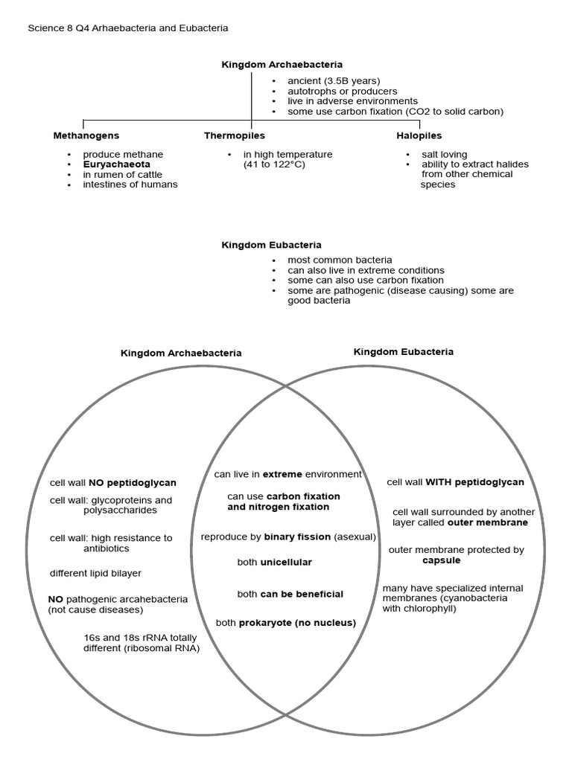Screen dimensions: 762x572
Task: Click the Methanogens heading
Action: click(86, 136)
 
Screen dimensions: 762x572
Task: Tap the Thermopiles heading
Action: click(234, 136)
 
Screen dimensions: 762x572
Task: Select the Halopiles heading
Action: click(419, 136)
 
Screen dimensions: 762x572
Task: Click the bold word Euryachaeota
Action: click(116, 164)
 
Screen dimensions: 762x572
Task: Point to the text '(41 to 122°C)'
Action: click(274, 164)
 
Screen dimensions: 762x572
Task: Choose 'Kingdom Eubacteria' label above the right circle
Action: click(403, 351)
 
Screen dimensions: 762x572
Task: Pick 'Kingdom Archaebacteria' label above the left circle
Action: click(181, 353)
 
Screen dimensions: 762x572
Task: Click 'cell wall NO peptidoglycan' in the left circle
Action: click(112, 483)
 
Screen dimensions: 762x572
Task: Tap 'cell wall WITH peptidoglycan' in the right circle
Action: click(455, 482)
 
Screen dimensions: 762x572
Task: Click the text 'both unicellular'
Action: click(274, 563)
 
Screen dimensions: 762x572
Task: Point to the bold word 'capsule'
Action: click(441, 560)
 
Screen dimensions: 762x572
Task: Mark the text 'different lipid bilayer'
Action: click(95, 573)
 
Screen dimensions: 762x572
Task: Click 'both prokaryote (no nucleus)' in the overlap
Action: click(285, 622)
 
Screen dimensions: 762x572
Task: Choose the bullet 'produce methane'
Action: click(123, 155)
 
